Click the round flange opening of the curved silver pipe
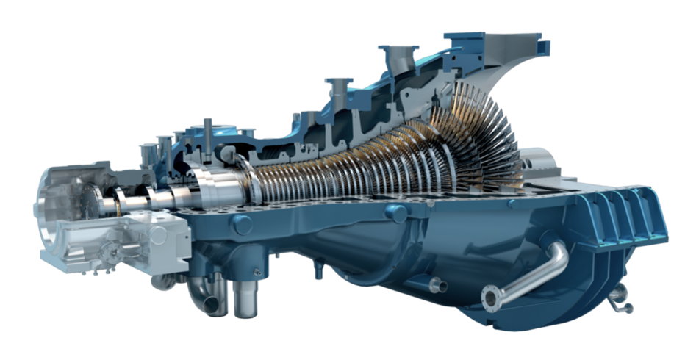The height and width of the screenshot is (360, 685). click(488, 298)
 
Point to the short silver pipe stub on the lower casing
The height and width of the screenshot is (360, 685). click(437, 284)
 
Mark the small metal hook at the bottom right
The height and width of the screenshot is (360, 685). click(622, 295)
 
